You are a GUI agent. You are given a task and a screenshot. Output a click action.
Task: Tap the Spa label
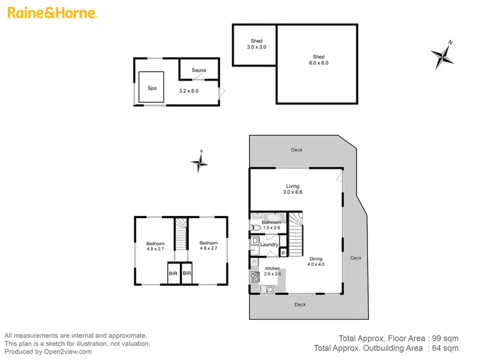tap(152, 88)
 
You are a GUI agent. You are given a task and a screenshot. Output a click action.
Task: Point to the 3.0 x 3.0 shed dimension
tap(256, 47)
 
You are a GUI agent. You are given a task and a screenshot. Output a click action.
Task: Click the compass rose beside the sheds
tap(442, 54)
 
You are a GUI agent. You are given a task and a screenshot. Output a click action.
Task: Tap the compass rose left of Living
tap(200, 163)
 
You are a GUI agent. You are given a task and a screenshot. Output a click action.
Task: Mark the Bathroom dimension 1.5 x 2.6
tap(271, 228)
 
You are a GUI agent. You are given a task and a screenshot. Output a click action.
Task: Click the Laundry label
tap(269, 244)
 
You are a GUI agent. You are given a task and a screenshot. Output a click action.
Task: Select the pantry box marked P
tap(282, 253)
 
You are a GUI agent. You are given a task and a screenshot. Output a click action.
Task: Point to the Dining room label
tap(316, 258)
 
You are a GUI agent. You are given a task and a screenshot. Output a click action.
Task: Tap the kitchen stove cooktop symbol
tap(254, 277)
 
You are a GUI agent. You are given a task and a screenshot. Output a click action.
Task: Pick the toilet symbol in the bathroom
tap(256, 227)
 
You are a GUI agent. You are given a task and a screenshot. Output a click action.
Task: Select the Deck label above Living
tap(296, 150)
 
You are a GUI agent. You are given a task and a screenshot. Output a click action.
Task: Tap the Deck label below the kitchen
tap(300, 304)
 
